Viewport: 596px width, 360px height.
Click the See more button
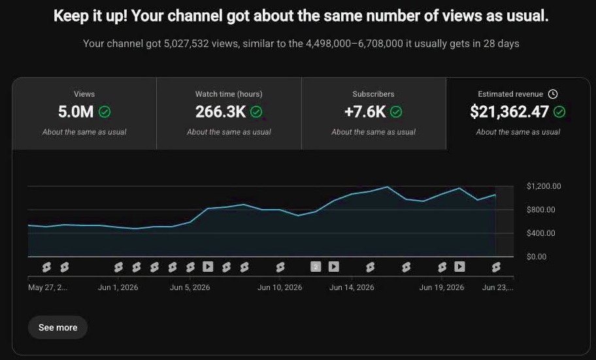58,327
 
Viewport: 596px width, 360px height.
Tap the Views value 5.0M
76,112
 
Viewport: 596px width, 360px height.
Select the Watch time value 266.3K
220,112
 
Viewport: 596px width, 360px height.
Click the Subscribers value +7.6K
365,112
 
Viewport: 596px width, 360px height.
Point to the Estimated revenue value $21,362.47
509,112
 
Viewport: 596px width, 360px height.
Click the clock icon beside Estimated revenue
553,94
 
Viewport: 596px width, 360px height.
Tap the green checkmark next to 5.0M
105,112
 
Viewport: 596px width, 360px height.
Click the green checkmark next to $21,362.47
559,112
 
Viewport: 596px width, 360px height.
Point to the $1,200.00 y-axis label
544,186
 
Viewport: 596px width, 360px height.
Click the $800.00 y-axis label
541,210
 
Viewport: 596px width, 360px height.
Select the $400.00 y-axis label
541,233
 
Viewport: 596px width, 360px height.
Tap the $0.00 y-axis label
537,257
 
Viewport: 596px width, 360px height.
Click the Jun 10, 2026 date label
280,287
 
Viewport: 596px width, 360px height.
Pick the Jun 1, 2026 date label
118,287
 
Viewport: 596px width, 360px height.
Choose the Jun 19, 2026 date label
442,287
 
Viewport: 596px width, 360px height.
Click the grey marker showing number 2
316,267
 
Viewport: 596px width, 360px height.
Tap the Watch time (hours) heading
229,94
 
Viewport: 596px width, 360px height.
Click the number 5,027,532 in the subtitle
186,43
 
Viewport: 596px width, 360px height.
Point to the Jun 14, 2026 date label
352,287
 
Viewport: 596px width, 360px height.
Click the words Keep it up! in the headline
90,16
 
